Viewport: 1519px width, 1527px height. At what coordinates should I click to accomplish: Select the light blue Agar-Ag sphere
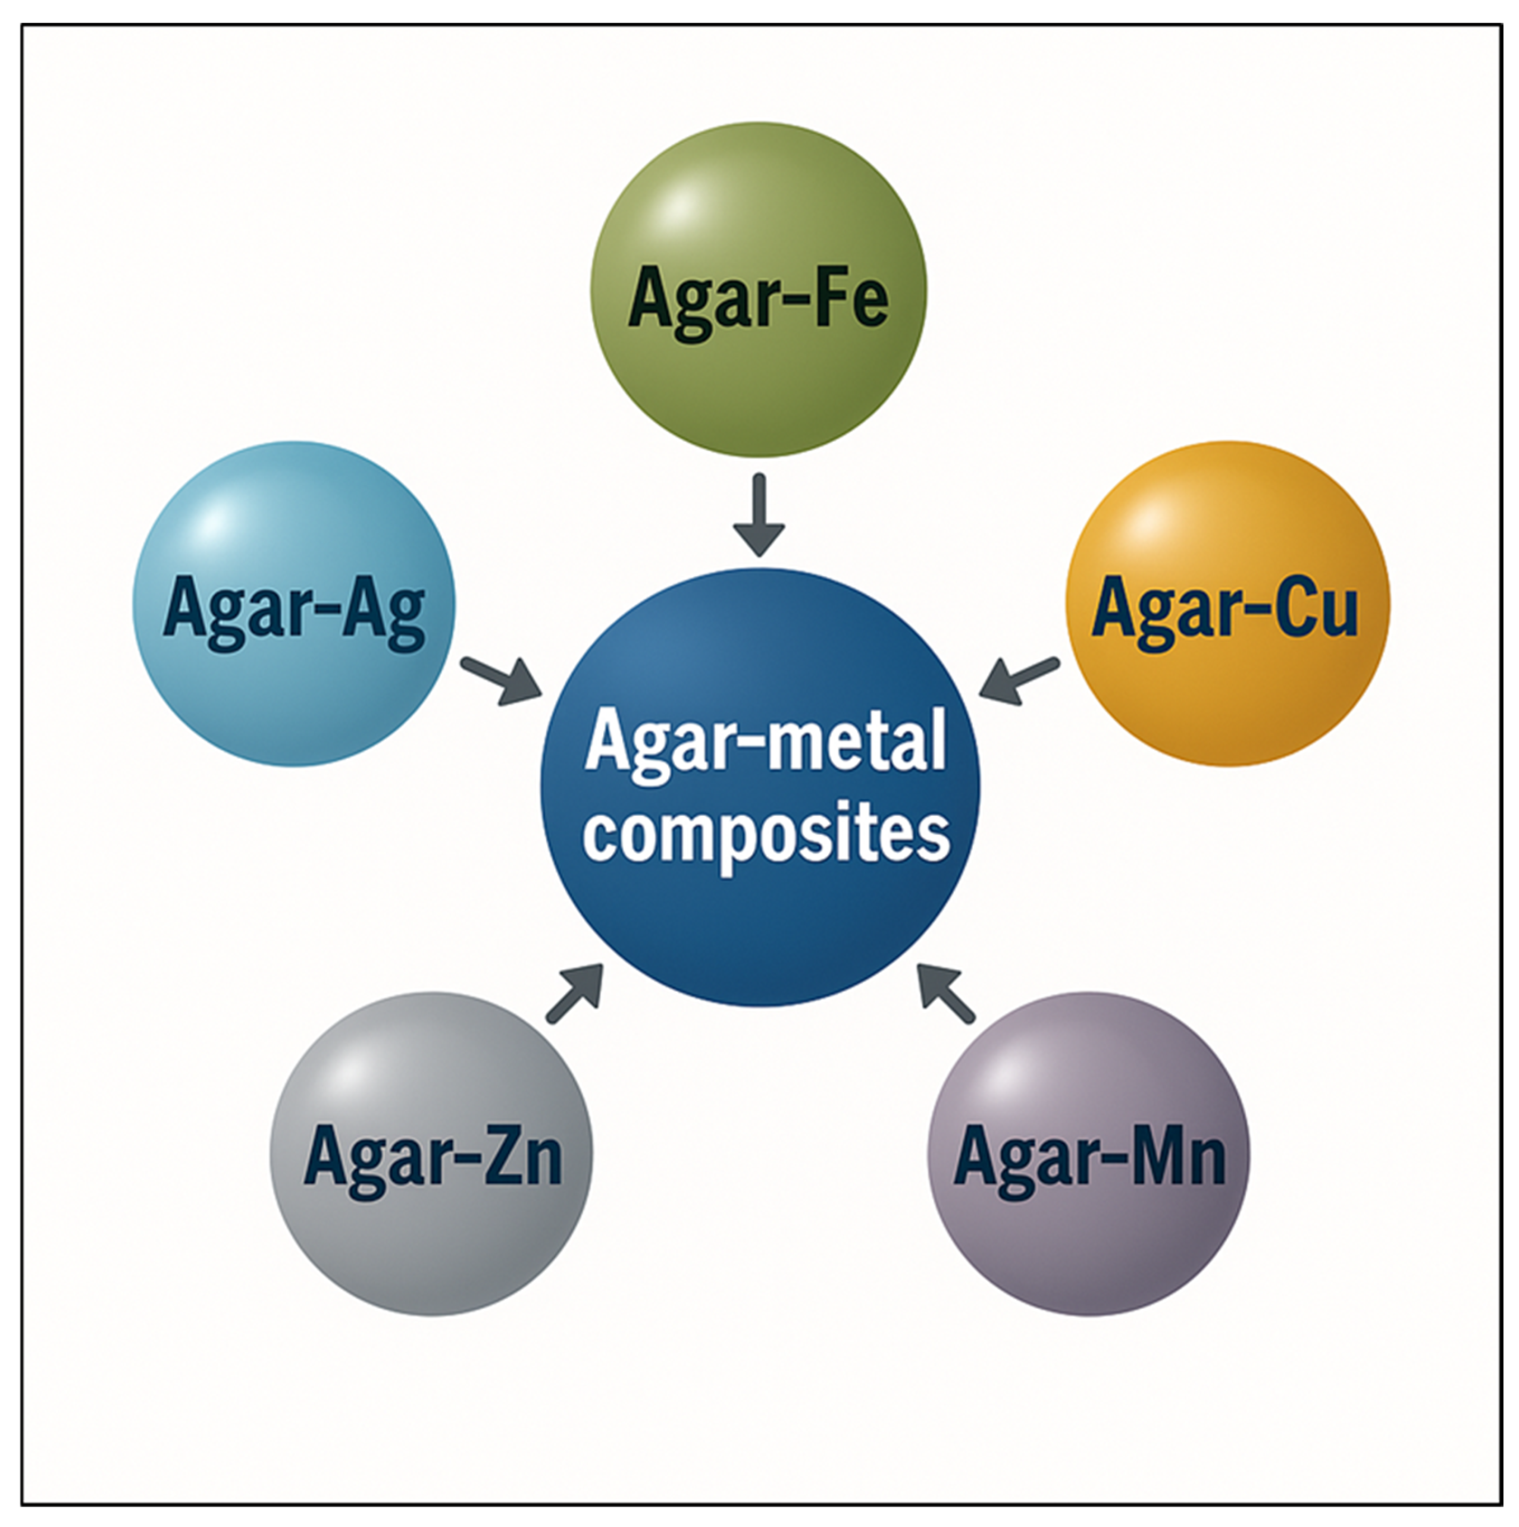pyautogui.click(x=293, y=696)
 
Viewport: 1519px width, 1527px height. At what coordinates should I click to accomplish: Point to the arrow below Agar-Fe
pyautogui.click(x=759, y=514)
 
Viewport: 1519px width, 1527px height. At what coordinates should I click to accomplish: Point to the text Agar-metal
pyautogui.click(x=765, y=743)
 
